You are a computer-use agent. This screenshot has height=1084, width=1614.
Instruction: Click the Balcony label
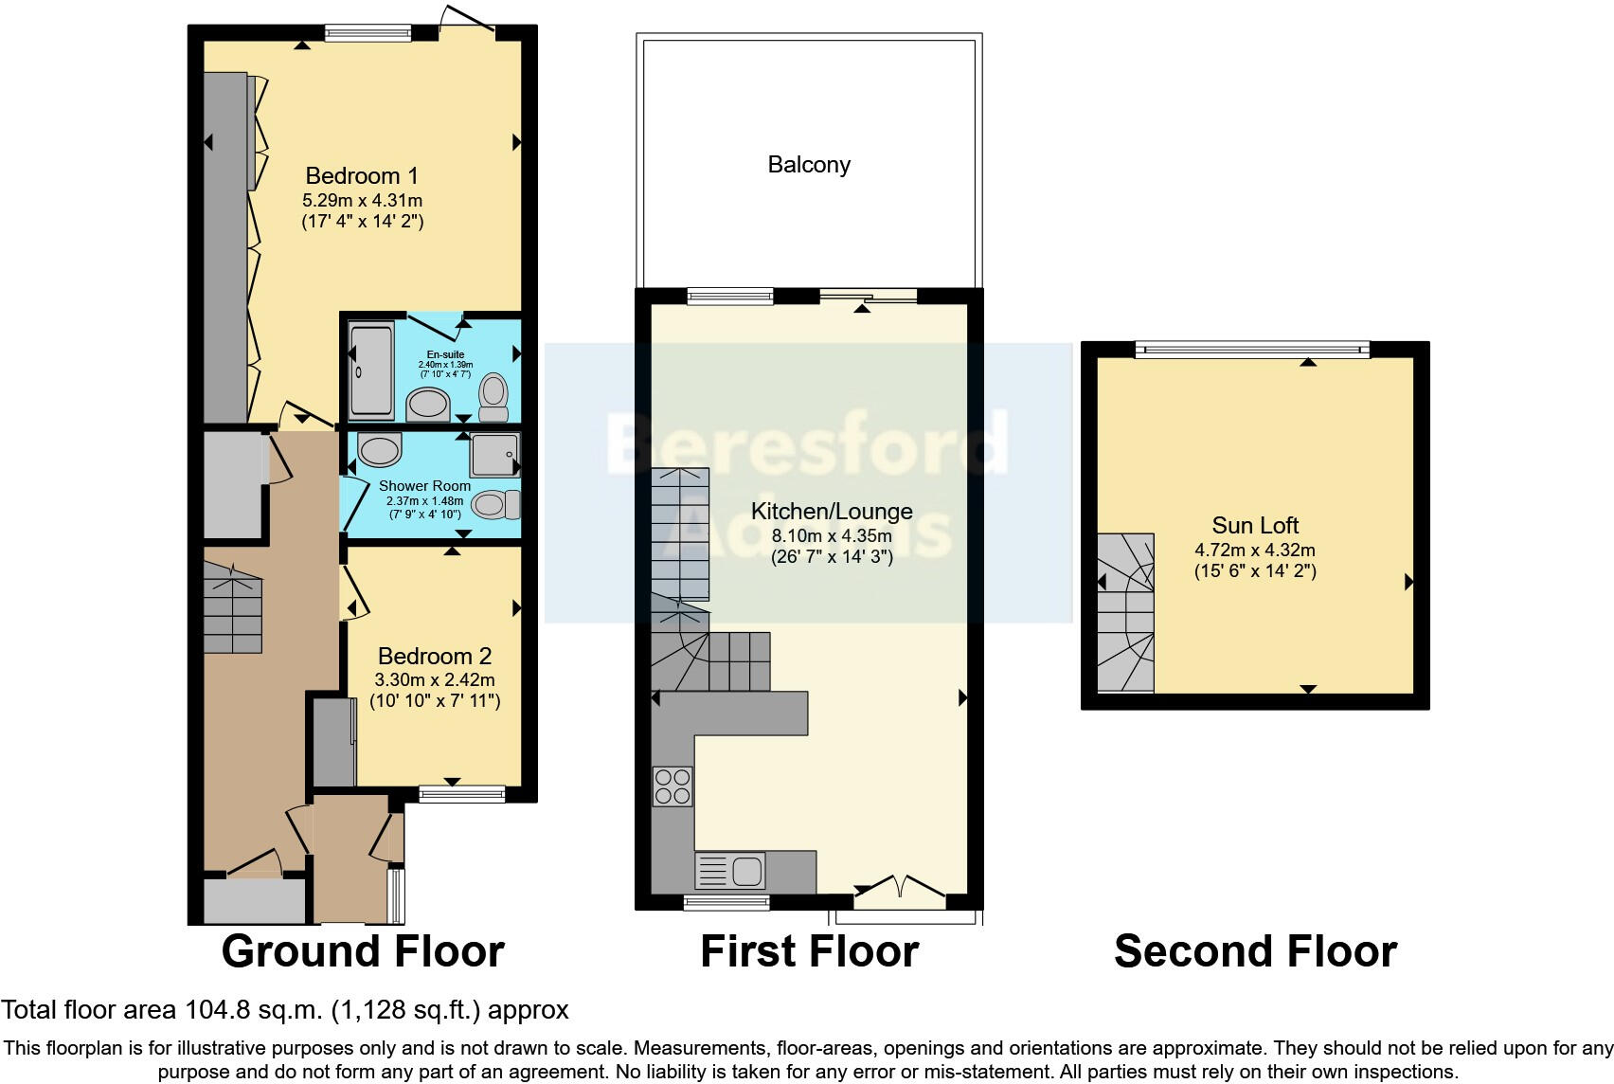pyautogui.click(x=809, y=165)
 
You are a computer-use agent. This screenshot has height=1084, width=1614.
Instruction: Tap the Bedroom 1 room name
pyautogui.click(x=362, y=176)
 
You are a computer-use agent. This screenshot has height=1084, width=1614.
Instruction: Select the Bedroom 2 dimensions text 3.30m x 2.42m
pyautogui.click(x=435, y=679)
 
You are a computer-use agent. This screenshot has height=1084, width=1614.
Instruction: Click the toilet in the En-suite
pyautogui.click(x=493, y=398)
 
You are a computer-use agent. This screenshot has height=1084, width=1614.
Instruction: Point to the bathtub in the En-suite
pyautogui.click(x=370, y=370)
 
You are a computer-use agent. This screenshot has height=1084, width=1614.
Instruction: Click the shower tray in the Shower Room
pyautogui.click(x=494, y=455)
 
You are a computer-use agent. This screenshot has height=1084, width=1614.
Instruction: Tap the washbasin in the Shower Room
pyautogui.click(x=380, y=450)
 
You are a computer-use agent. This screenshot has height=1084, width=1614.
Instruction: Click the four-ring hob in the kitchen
pyautogui.click(x=672, y=786)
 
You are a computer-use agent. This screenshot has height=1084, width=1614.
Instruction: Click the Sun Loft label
pyautogui.click(x=1255, y=526)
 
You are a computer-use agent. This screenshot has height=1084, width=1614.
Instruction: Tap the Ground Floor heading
pyautogui.click(x=363, y=951)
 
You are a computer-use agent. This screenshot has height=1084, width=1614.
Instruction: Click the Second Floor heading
pyautogui.click(x=1255, y=951)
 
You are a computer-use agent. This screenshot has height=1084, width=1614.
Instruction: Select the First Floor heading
pyautogui.click(x=809, y=951)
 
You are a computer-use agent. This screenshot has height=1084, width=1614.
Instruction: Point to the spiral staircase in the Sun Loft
pyautogui.click(x=1126, y=612)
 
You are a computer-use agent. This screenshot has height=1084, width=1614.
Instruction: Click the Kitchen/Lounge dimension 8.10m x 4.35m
pyautogui.click(x=832, y=535)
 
